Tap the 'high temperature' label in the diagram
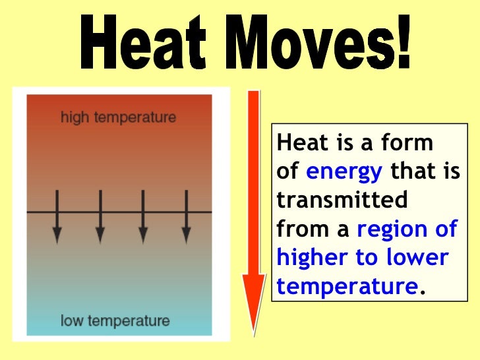(118, 118)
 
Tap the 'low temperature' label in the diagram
(115, 322)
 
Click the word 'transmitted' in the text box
(342, 200)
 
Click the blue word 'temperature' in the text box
(347, 286)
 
